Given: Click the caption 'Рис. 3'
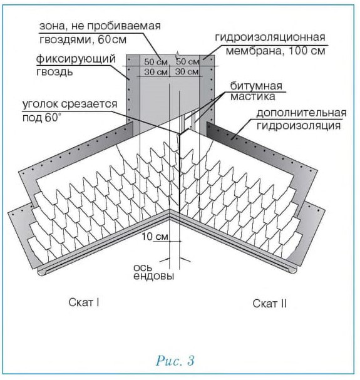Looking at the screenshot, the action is [175, 361].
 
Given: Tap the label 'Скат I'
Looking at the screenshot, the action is [84, 302].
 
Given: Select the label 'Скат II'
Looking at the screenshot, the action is [270, 304].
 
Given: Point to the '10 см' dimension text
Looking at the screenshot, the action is [155, 236].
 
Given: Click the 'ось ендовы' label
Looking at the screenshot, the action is [153, 272].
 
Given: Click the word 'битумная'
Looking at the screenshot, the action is [256, 86].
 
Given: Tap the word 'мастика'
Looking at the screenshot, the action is [252, 96].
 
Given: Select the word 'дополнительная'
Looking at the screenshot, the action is [301, 113].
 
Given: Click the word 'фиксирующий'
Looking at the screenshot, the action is [76, 59].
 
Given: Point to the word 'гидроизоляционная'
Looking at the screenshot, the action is [270, 38].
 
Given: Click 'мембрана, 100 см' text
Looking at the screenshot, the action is [275, 51].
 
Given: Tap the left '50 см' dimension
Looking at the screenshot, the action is [156, 61].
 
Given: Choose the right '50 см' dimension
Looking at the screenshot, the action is [188, 61].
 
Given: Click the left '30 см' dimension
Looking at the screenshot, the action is [156, 72].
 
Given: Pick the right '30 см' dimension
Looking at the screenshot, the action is [187, 71].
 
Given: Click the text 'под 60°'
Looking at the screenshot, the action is [42, 118].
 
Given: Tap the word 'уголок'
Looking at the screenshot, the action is [41, 105].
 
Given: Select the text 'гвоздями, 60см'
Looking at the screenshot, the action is [83, 39].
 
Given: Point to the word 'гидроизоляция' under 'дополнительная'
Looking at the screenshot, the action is [299, 126].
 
